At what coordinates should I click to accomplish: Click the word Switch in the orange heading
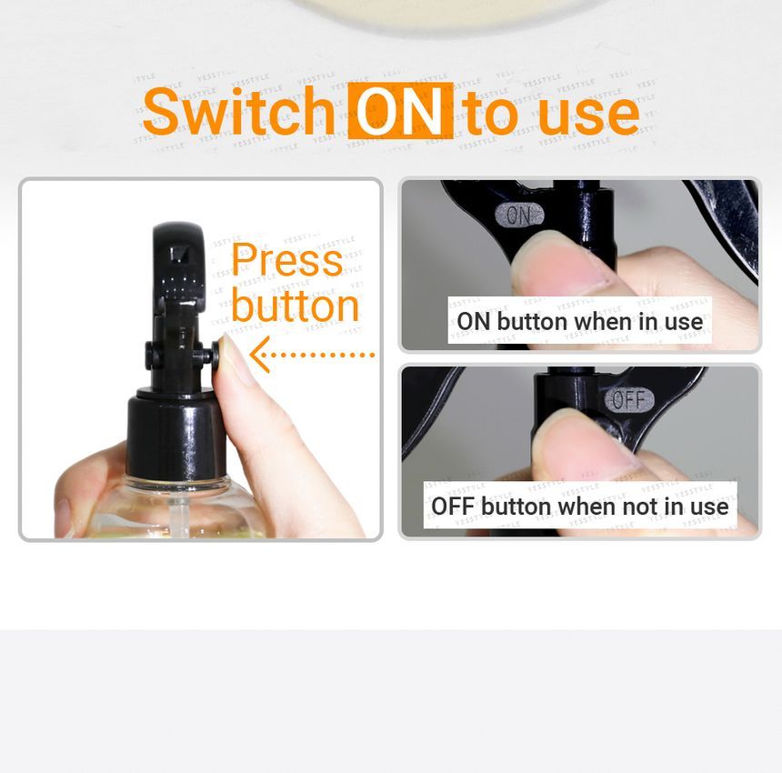238,111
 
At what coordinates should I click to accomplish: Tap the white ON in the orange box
400,111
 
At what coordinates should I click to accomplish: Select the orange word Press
286,260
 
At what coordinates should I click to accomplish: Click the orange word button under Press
295,306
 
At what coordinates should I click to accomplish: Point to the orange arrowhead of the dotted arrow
259,355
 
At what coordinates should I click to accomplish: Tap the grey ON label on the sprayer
519,215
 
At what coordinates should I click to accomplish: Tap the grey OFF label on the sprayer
629,400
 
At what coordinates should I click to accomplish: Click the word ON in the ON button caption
474,322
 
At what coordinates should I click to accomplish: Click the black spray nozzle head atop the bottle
178,264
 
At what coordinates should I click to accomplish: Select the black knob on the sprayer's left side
150,356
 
